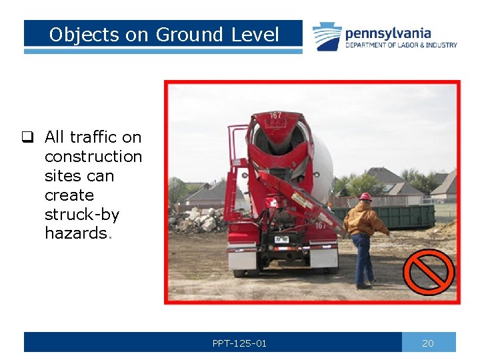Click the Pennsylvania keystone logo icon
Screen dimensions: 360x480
(x=327, y=37)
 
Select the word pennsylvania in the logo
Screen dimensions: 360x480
(x=388, y=33)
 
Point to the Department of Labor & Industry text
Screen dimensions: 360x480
(x=401, y=45)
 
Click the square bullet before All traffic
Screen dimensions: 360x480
(x=27, y=138)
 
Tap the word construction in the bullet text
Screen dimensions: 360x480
(x=93, y=157)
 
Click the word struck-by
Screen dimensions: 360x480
(x=81, y=215)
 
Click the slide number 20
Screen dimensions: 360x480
(x=428, y=343)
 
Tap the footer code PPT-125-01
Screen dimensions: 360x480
(x=239, y=343)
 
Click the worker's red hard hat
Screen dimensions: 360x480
(x=365, y=197)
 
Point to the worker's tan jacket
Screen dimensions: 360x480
(x=365, y=220)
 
